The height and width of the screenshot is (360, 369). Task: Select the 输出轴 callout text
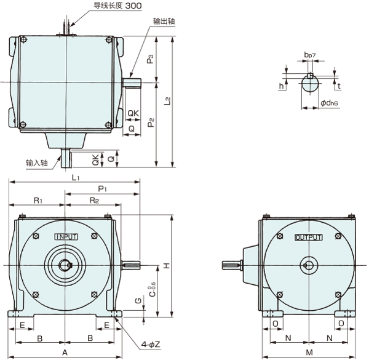(x=163, y=20)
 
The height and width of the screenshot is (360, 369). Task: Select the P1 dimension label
(x=103, y=188)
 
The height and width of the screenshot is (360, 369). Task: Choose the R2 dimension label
(x=95, y=201)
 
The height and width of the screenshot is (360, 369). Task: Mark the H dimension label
(x=166, y=265)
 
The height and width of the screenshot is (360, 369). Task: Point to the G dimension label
(x=137, y=300)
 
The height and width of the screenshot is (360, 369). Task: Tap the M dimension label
(x=309, y=352)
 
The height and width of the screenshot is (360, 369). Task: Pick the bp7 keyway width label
(x=310, y=55)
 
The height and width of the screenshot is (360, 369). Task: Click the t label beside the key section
(x=339, y=87)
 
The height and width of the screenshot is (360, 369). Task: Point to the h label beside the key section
(x=280, y=87)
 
